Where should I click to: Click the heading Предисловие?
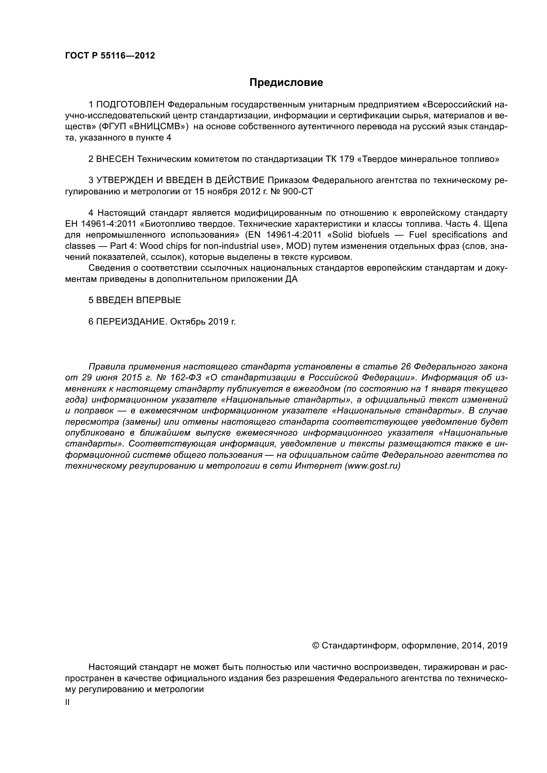pyautogui.click(x=286, y=83)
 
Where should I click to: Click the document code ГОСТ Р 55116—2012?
pyautogui.click(x=110, y=56)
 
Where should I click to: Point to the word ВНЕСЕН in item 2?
pyautogui.click(x=115, y=159)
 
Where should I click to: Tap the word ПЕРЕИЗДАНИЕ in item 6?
pyautogui.click(x=131, y=322)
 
